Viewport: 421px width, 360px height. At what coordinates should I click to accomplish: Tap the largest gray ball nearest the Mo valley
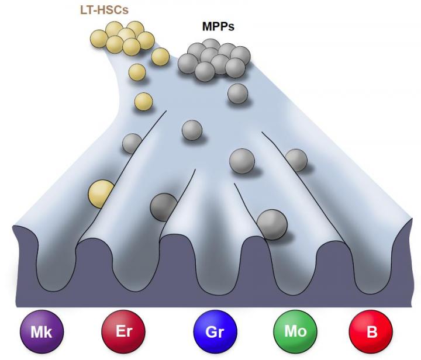click(272, 224)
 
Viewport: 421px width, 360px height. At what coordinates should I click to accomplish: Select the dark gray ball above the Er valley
click(164, 207)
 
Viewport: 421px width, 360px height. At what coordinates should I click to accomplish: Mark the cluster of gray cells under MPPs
click(214, 59)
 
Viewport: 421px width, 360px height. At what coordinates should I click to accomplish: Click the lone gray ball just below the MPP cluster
click(237, 94)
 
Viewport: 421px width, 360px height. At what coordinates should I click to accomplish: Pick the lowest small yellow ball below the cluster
click(143, 102)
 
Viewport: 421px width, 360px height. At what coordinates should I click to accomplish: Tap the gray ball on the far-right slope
click(296, 160)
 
